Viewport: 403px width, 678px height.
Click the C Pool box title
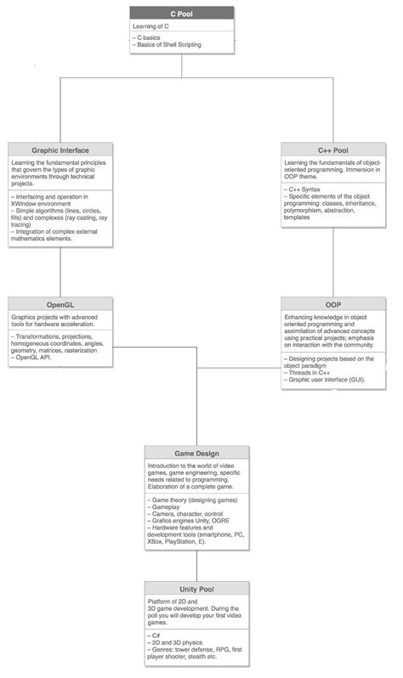(x=183, y=14)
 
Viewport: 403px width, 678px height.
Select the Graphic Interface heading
(x=60, y=149)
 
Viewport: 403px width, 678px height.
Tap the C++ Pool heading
(x=332, y=149)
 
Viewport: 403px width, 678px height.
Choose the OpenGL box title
(x=60, y=303)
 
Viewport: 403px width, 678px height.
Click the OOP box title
(x=332, y=303)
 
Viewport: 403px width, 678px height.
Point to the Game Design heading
(x=196, y=453)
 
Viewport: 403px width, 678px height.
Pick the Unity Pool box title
(x=196, y=589)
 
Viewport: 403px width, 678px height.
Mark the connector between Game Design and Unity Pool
(x=197, y=566)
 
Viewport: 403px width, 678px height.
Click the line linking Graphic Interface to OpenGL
(x=60, y=272)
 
